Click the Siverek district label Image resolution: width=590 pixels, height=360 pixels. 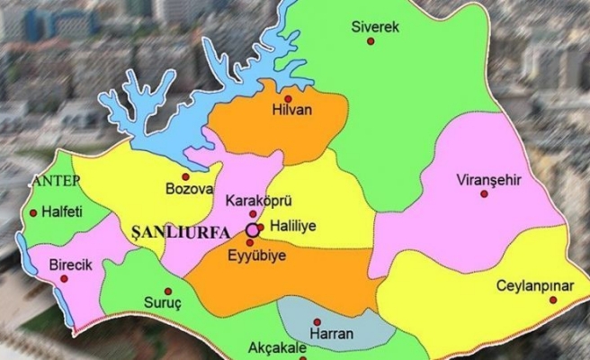(x=375, y=27)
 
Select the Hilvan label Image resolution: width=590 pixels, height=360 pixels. (x=289, y=114)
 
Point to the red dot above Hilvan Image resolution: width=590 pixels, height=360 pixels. (x=288, y=99)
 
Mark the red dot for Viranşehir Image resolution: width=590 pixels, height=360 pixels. (x=483, y=194)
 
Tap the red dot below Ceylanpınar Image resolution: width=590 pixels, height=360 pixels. (x=553, y=300)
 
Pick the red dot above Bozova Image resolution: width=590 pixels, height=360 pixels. (x=186, y=175)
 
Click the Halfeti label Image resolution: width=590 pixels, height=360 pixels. (x=64, y=212)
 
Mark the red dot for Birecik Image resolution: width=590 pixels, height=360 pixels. (x=64, y=278)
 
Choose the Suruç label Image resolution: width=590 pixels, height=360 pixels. (x=162, y=302)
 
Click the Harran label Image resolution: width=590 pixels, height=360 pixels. (x=331, y=334)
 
